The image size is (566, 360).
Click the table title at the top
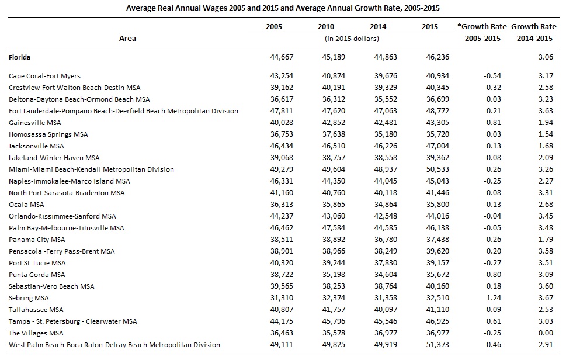[283, 8]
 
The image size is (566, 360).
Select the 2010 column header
[326, 27]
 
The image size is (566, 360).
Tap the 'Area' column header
[127, 38]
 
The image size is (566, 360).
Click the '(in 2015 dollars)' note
[352, 39]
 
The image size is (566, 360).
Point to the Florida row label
[19, 57]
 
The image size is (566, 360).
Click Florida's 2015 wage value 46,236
[437, 57]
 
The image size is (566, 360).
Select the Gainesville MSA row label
[35, 123]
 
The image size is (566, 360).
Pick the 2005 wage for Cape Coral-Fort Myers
[282, 76]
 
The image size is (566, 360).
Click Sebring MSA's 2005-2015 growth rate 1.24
[494, 298]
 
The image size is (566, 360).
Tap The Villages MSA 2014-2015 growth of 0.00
[546, 333]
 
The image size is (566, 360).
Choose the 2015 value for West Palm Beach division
[437, 345]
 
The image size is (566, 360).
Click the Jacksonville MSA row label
[36, 146]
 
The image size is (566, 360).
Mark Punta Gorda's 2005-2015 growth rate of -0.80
[492, 275]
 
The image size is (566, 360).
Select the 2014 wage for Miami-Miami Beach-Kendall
[386, 169]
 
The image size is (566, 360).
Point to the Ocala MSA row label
[26, 205]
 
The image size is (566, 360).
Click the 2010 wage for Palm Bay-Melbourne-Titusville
[334, 228]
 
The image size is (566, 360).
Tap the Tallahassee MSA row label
[36, 310]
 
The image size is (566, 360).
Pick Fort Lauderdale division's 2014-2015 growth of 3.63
[546, 111]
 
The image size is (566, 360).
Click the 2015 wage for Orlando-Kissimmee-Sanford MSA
[437, 216]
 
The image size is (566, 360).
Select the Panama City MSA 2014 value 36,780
[386, 240]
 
